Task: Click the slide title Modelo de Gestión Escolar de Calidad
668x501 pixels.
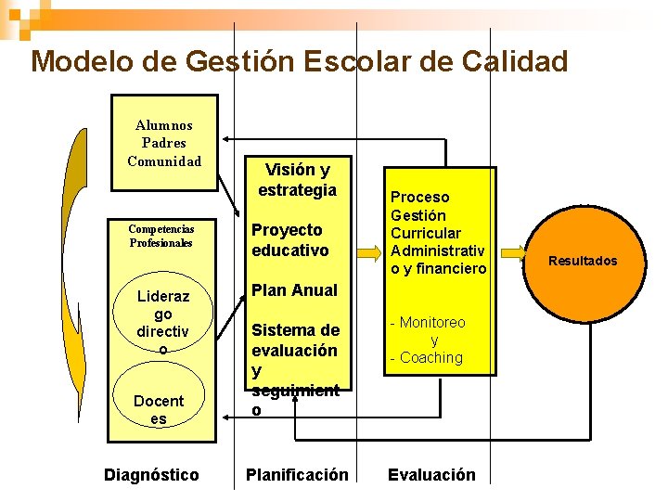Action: [299, 61]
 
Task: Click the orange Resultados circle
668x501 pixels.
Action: [582, 261]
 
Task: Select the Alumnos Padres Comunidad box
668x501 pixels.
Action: [164, 143]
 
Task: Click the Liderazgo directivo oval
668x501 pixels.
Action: [162, 322]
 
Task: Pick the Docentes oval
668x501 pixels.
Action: [159, 409]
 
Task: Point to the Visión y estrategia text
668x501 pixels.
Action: [297, 180]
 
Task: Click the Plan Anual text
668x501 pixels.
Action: [295, 290]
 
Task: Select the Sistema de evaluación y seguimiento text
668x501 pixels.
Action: [295, 369]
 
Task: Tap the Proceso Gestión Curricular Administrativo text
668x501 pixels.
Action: [438, 233]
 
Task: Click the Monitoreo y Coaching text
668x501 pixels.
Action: [430, 340]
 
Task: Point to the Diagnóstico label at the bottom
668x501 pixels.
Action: [151, 475]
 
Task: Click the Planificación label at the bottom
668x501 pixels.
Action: [297, 475]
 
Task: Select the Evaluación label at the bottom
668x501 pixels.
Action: [431, 475]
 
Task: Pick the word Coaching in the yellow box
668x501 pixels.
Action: [431, 357]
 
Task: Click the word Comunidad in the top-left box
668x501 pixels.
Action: [164, 161]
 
